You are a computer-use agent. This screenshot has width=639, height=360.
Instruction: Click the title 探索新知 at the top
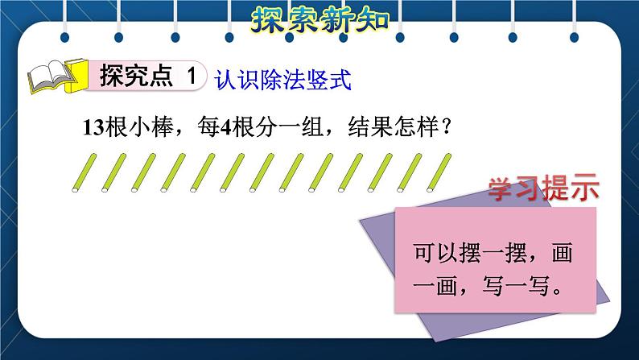319,18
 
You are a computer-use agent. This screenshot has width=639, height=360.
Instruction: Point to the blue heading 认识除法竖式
284,79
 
